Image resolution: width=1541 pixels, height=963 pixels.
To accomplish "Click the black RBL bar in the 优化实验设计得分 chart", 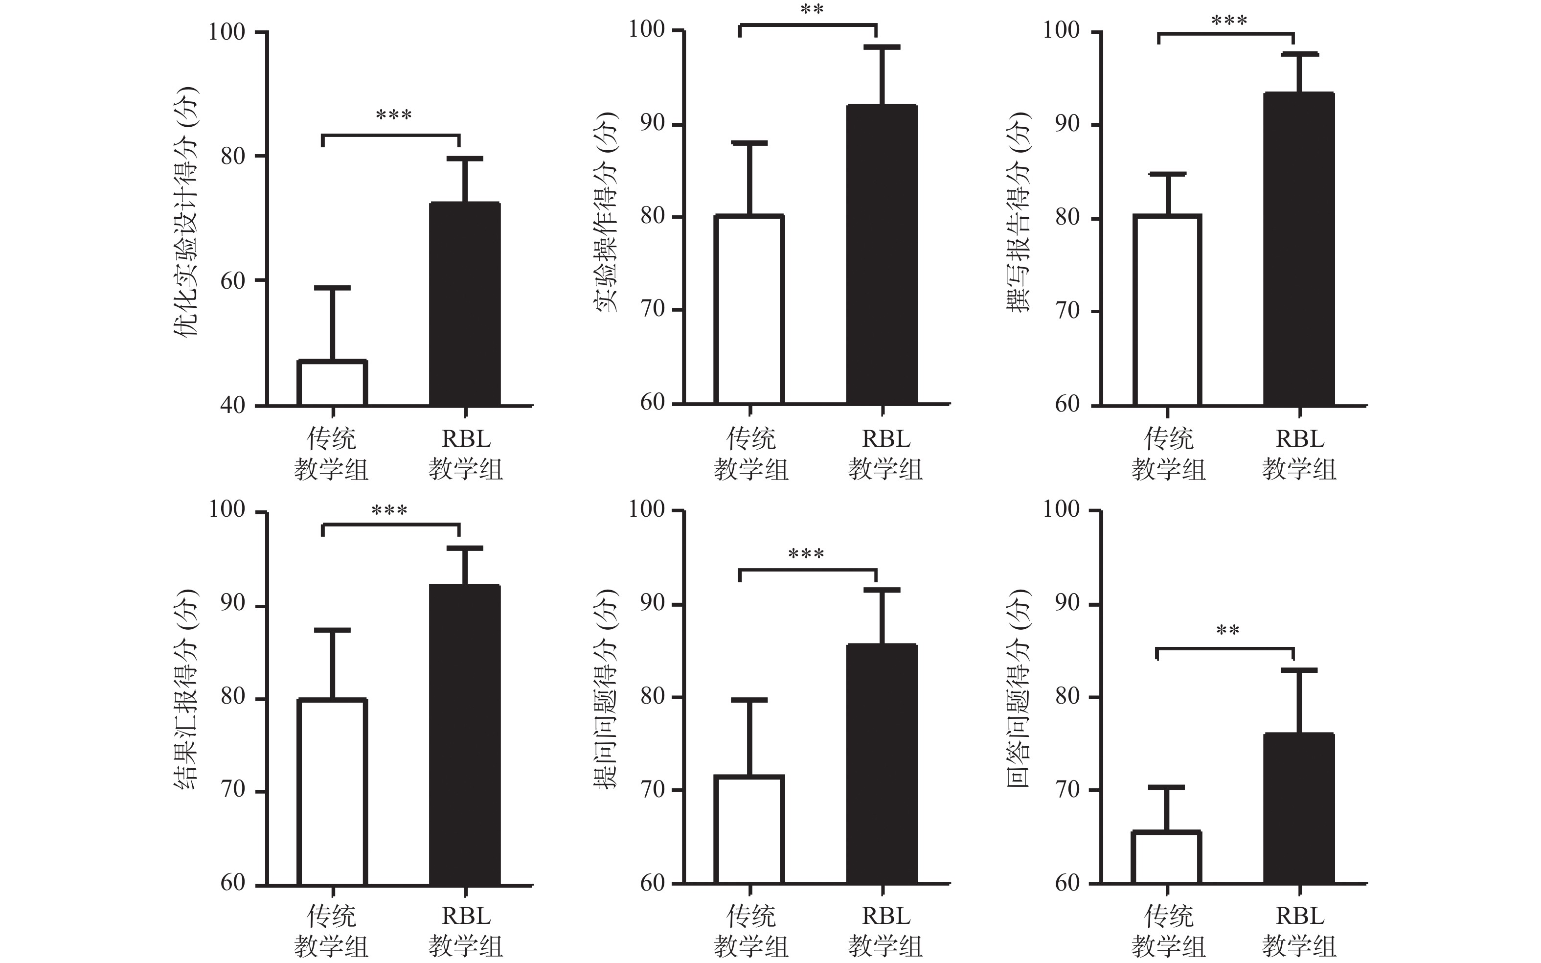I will [465, 304].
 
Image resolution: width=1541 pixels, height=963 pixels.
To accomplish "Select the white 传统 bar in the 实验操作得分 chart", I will [749, 310].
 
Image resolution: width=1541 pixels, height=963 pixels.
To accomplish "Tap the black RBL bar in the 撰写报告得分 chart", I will [1299, 249].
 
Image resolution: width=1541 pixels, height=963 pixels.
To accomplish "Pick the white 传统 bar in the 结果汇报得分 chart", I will [332, 792].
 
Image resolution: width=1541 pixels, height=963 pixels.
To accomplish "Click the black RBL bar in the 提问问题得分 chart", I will [882, 764].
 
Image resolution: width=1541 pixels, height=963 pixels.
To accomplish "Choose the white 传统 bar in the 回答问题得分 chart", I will [1167, 857].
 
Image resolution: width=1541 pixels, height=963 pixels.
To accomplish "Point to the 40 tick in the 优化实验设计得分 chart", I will [232, 405].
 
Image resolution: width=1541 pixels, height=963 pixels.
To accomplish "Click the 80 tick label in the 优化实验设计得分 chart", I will [232, 156].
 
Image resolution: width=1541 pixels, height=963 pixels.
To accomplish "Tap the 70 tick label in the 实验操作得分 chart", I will [653, 310].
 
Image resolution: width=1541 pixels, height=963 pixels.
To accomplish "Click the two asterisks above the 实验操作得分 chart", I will [811, 10].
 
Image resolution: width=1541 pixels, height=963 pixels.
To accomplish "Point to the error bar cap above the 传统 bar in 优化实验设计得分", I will [332, 288].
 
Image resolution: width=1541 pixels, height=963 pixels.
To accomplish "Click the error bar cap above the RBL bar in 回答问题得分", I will [1299, 670].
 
